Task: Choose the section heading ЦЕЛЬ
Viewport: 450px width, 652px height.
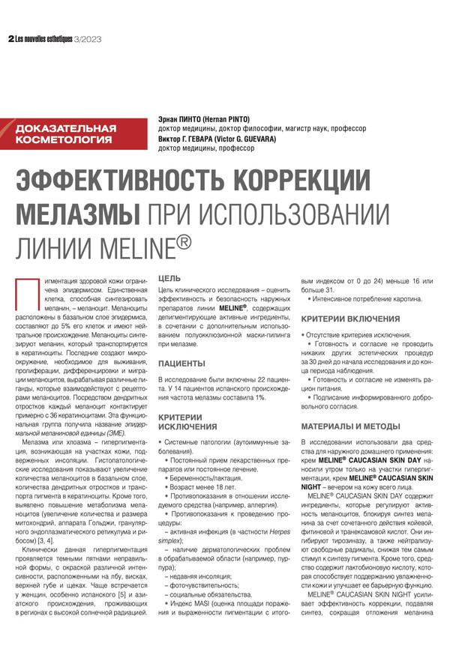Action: (169, 277)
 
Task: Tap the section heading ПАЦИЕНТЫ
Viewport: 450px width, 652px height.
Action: (181, 363)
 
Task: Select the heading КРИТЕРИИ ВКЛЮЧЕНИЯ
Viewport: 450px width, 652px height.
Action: (351, 319)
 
